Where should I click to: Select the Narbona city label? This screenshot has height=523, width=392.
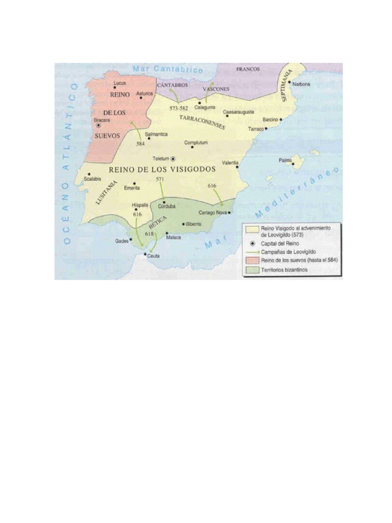pos(301,85)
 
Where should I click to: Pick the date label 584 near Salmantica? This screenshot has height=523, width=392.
pos(140,144)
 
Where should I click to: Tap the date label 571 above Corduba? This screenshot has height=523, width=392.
pos(160,179)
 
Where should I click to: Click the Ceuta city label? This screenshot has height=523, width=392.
pos(154,257)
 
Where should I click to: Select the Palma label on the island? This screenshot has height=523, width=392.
pos(285,160)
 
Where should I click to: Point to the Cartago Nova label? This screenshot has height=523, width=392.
pos(212,212)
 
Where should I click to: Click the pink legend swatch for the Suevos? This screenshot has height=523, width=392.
pos(252,260)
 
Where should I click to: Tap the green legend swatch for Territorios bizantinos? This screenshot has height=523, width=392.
pos(252,270)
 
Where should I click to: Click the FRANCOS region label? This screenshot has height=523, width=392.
pos(248,69)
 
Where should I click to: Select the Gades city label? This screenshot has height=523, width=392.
pos(122,241)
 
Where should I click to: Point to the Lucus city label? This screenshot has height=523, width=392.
pos(120,83)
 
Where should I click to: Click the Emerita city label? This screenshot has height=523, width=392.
pos(132,188)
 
